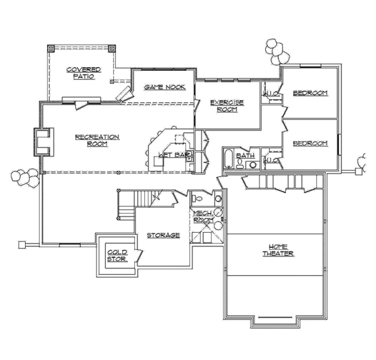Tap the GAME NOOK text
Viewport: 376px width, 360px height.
164,87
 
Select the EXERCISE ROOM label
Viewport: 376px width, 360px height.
226,105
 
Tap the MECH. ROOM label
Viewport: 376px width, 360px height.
203,216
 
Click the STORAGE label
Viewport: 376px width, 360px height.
163,235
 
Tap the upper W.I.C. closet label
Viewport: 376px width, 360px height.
271,94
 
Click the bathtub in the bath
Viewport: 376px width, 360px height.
229,160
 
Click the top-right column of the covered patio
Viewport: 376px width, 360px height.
112,48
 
